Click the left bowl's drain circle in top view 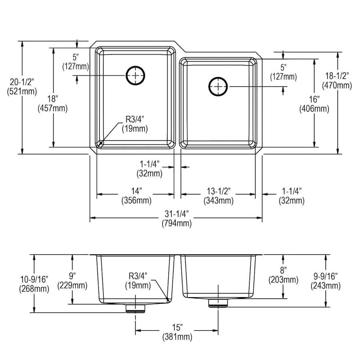point(136,75)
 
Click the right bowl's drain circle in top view point(218,86)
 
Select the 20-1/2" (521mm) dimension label point(22,86)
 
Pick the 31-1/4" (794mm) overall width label point(176,219)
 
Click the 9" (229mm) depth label point(72,280)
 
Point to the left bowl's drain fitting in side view point(136,308)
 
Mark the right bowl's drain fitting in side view point(218,303)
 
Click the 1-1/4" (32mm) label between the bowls point(149,169)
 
